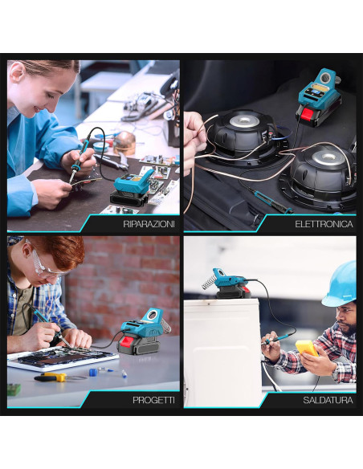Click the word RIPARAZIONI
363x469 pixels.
point(149,224)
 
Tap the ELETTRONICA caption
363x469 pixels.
point(324,224)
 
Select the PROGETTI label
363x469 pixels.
point(153,399)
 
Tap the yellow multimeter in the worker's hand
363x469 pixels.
point(307,348)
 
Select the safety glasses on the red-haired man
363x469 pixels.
point(39,262)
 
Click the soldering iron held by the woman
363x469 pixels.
point(78,159)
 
